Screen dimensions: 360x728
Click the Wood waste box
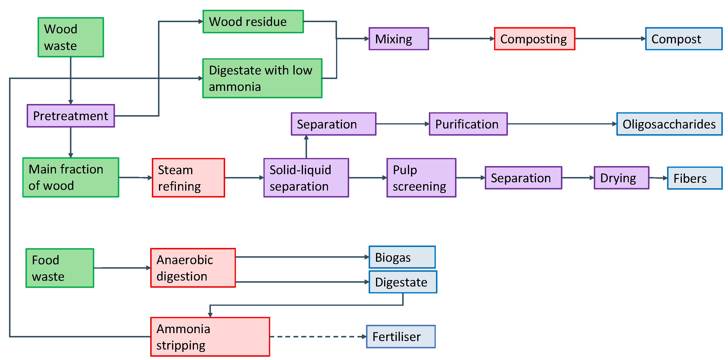[x=71, y=37]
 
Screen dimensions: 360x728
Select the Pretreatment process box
[x=71, y=116]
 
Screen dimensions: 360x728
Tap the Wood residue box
[x=253, y=21]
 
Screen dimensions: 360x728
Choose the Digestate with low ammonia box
[x=262, y=78]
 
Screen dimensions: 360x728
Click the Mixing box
[x=398, y=39]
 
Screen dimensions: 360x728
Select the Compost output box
[x=683, y=39]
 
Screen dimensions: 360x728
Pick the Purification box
[x=468, y=124]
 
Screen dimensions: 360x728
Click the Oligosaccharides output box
[x=669, y=124]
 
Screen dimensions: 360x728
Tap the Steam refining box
[x=188, y=178]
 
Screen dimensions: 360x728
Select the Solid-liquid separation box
[x=306, y=178]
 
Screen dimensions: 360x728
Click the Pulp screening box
[x=421, y=178]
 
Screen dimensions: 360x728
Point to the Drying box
[x=621, y=178]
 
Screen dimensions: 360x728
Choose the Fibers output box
[x=694, y=178]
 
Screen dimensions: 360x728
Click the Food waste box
[x=60, y=268]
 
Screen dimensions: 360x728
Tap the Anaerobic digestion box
[x=193, y=268]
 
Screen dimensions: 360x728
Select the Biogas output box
[x=402, y=257]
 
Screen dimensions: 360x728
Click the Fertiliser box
[x=401, y=336]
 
